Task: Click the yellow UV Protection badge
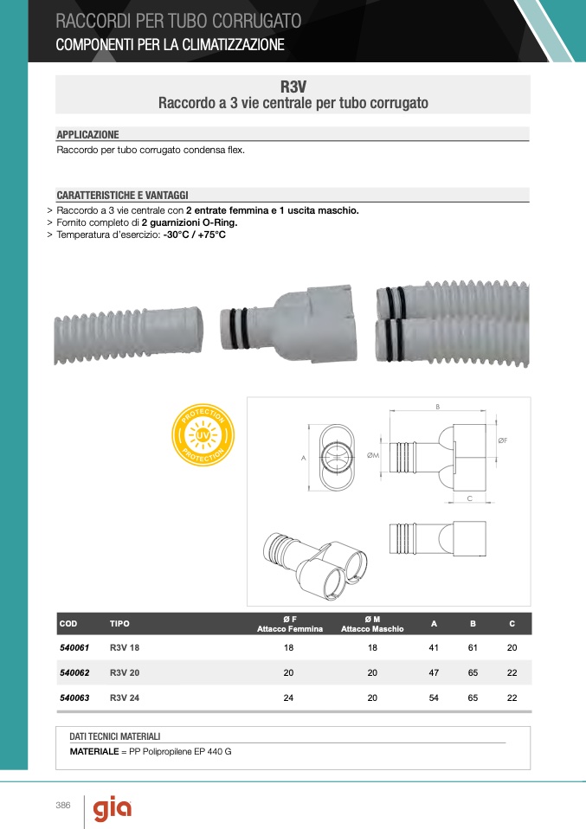pyautogui.click(x=203, y=435)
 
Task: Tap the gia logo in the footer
pyautogui.click(x=113, y=809)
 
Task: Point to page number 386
pyautogui.click(x=63, y=806)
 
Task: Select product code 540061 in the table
pyautogui.click(x=74, y=647)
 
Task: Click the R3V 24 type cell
pyautogui.click(x=125, y=697)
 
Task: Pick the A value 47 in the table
pyautogui.click(x=434, y=672)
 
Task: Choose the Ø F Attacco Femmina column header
pyautogui.click(x=290, y=624)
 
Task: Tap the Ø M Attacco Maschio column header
pyautogui.click(x=372, y=624)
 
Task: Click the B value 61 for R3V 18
pyautogui.click(x=473, y=647)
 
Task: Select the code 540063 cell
pyautogui.click(x=74, y=697)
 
